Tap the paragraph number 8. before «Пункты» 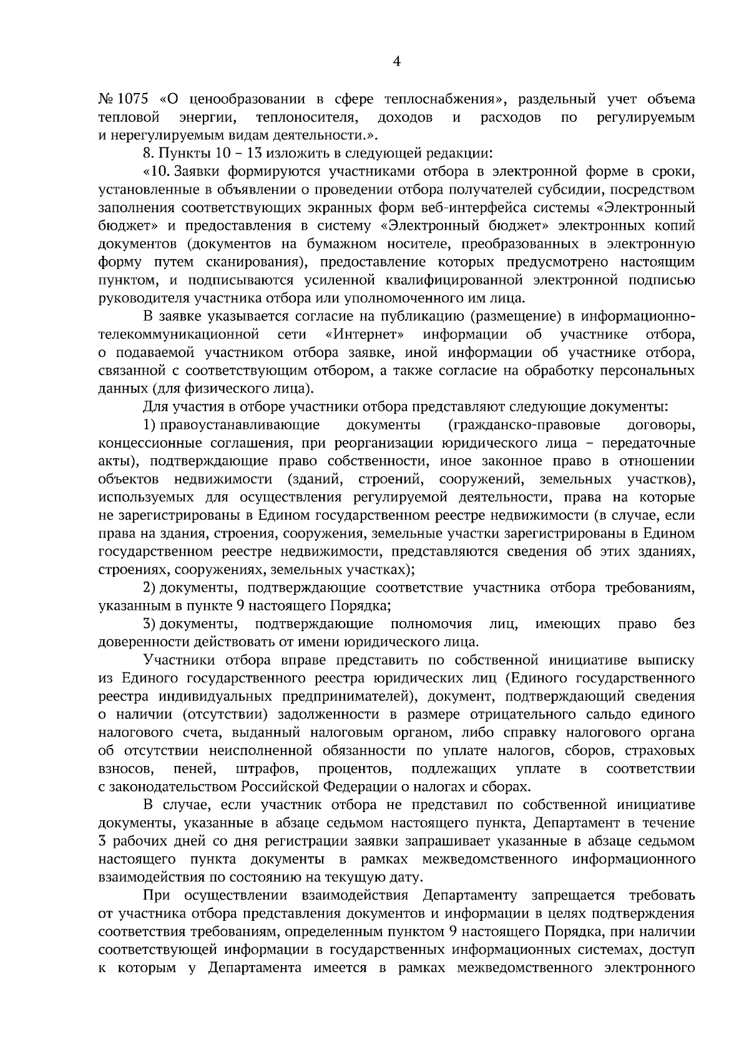[x=148, y=153]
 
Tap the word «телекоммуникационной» [x=179, y=334]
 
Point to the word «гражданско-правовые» [x=524, y=425]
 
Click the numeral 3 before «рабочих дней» [x=103, y=841]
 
